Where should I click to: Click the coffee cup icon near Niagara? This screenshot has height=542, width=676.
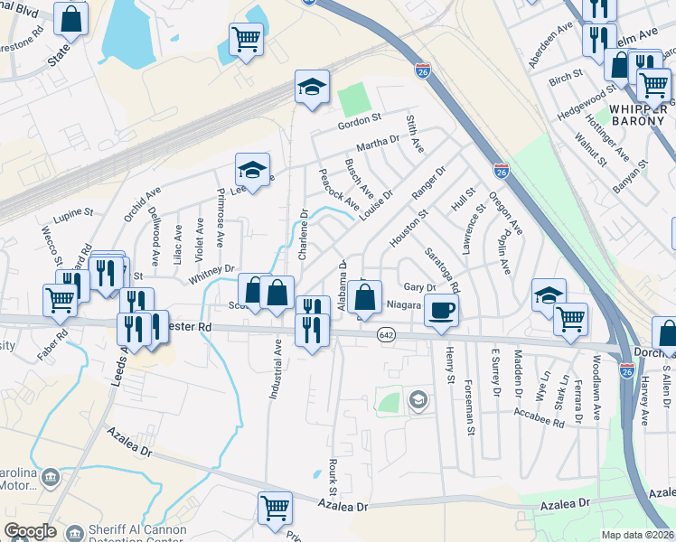click(x=441, y=311)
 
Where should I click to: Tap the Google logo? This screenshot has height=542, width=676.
click(x=30, y=531)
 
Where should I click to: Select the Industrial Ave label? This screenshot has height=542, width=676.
click(x=276, y=369)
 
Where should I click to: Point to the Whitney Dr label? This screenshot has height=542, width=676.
click(x=211, y=274)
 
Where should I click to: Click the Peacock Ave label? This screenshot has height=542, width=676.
click(x=339, y=191)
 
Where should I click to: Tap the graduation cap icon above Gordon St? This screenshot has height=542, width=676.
click(x=312, y=88)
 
